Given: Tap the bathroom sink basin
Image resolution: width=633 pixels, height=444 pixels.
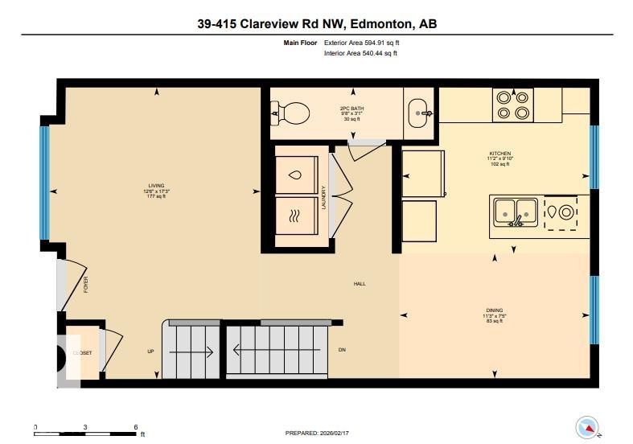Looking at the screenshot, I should (418, 113).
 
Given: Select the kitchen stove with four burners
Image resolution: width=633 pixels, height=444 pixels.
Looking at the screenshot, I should (512, 105).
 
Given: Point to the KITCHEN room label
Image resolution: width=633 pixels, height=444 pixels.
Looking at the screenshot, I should (500, 154).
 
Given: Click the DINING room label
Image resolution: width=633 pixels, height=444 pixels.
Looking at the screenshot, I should (494, 310).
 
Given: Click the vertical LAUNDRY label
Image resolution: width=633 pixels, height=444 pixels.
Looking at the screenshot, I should (323, 198).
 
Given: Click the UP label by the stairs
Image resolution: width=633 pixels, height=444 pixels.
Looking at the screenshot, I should (150, 351).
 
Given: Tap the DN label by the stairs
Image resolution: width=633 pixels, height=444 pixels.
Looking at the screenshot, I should (341, 351).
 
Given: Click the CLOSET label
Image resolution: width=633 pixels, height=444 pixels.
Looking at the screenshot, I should (82, 352).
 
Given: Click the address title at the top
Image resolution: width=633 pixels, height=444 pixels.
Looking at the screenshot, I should (316, 24).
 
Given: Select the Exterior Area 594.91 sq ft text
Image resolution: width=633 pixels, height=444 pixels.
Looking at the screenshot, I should (360, 42).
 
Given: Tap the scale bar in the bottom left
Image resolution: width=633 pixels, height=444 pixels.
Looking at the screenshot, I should (85, 433).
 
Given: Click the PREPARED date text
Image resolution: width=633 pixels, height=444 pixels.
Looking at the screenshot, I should (318, 433).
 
